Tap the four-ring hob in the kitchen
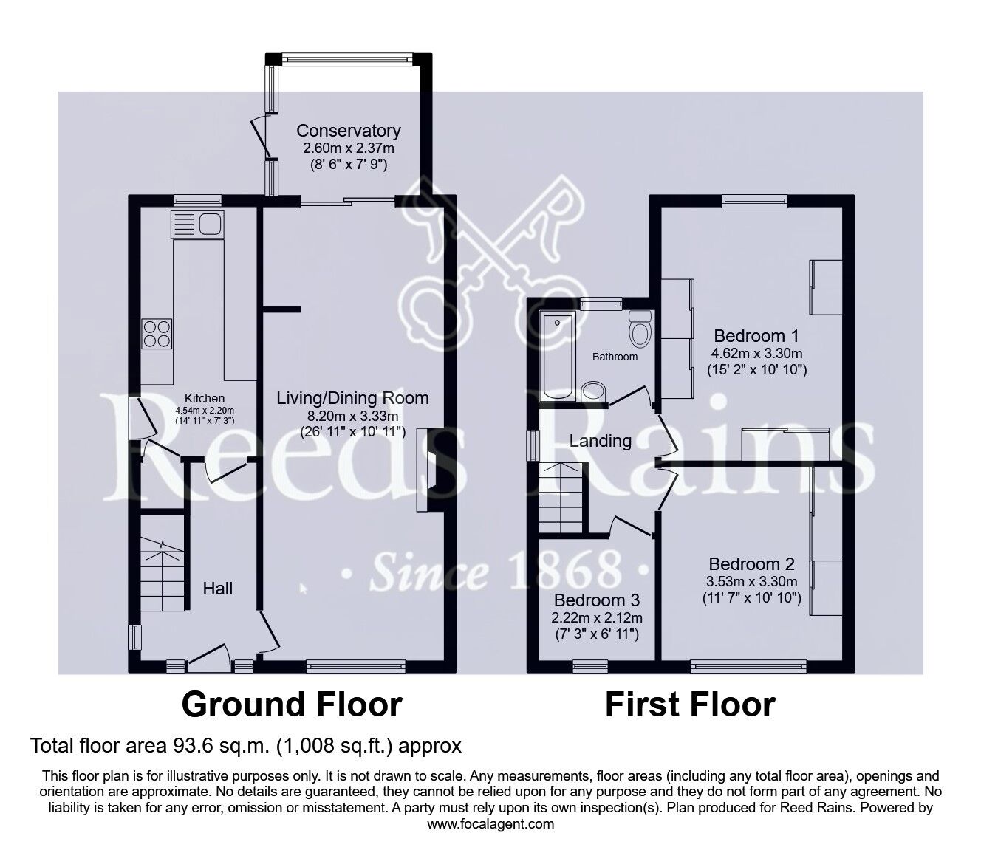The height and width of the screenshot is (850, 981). [157, 332]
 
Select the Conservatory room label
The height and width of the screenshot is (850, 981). [348, 131]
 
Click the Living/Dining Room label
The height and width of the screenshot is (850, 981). [352, 398]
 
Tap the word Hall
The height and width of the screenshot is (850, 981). [218, 588]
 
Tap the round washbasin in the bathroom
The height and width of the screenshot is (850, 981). [592, 391]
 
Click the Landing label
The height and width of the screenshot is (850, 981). [600, 441]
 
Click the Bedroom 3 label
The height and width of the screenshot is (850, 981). [596, 600]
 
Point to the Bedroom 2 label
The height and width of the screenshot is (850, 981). [751, 564]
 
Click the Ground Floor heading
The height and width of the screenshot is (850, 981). [292, 705]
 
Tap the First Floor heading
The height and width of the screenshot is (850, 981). [690, 705]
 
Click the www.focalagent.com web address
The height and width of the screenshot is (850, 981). [490, 824]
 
